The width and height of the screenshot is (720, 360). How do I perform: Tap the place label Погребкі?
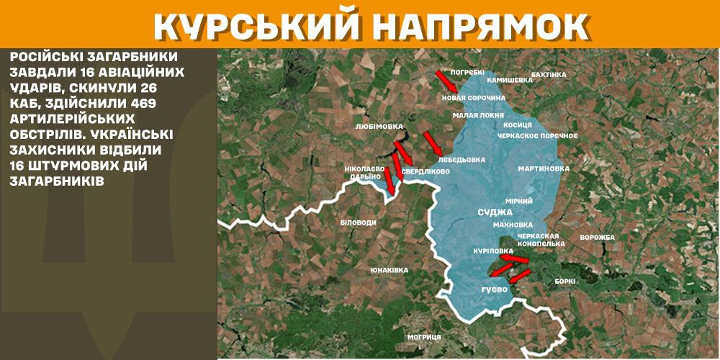(467, 73)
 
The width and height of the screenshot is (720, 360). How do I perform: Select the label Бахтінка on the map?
(549, 74)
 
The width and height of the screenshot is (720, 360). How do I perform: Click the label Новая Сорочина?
(472, 97)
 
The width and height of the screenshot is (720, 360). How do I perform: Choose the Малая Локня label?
(473, 115)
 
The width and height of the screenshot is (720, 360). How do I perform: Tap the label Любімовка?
(379, 125)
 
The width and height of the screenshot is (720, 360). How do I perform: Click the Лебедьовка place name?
(462, 159)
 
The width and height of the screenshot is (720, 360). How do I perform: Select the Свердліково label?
(426, 172)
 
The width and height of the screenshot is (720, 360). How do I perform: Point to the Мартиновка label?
(544, 168)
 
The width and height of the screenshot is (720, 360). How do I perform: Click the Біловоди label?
(358, 222)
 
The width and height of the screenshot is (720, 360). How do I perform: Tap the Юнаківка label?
(389, 270)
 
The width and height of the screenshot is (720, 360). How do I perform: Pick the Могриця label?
(423, 336)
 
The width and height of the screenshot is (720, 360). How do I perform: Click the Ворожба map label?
(597, 238)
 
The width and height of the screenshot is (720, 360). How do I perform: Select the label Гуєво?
(495, 289)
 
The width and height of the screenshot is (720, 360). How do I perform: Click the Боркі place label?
(565, 282)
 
